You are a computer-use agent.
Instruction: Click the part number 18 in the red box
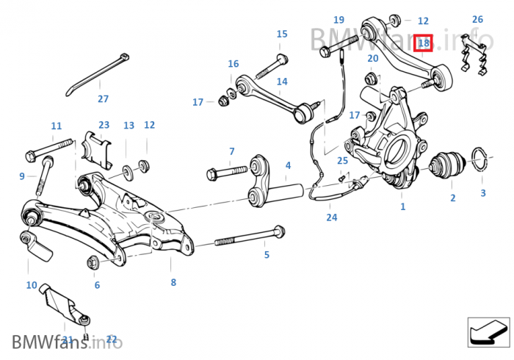point(424,43)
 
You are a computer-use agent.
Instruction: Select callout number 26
point(477,19)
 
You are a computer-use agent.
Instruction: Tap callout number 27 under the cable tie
point(103,98)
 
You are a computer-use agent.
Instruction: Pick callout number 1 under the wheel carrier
point(402,207)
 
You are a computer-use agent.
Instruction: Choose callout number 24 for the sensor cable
point(332,217)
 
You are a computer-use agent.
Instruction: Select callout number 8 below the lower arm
point(173,281)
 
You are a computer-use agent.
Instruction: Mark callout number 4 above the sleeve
point(288,166)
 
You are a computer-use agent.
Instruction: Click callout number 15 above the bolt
point(282,34)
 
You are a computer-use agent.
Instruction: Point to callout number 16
point(233,64)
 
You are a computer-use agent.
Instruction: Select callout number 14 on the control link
point(282,82)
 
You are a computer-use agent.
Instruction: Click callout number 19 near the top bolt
point(339,20)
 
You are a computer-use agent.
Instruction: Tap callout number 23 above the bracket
point(104,125)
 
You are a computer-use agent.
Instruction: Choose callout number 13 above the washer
point(128,126)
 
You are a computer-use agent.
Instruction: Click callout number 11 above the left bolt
point(57,126)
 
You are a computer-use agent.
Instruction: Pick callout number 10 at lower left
point(31,285)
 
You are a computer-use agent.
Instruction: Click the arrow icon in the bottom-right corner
point(488,331)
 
